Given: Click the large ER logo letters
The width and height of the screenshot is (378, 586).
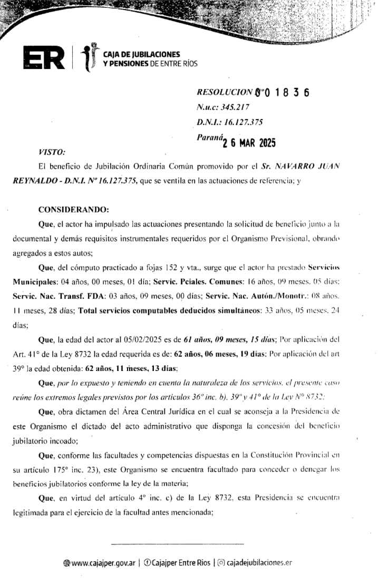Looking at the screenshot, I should coord(44,58).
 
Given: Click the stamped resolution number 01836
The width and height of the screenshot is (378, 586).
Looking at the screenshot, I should coord(285,93).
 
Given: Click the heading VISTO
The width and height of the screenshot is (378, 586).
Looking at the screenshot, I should coord(52,152).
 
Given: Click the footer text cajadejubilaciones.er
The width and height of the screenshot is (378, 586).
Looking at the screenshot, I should coord(258,563).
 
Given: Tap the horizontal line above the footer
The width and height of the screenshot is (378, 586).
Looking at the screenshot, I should coord(178,543).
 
